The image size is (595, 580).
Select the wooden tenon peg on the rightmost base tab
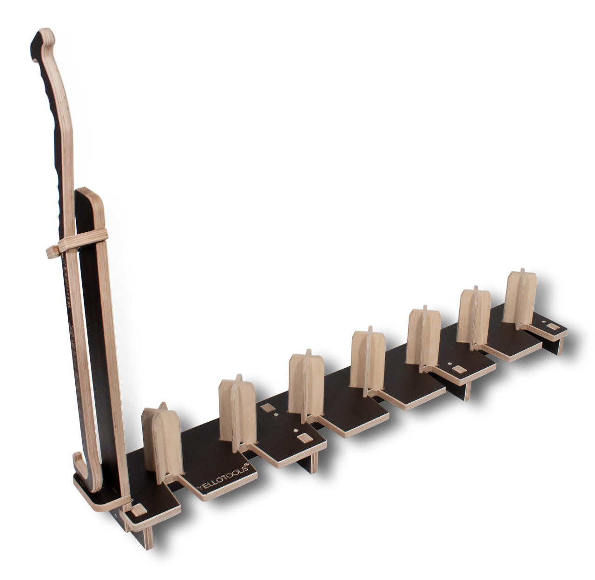(x=552, y=328)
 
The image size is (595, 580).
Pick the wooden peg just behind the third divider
(x=267, y=408)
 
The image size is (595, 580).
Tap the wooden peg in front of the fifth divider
(x=460, y=369)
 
